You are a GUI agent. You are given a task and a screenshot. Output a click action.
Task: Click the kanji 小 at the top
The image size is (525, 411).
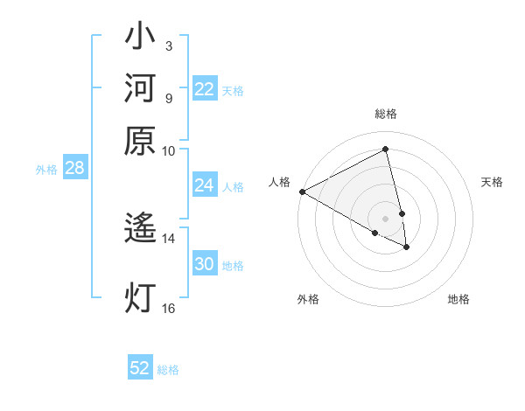tap(140, 38)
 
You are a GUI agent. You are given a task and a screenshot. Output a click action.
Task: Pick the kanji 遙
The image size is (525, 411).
tap(140, 229)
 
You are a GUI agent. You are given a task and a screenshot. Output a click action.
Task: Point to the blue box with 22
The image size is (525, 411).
tap(205, 89)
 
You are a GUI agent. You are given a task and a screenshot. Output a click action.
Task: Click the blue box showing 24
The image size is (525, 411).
tap(205, 185)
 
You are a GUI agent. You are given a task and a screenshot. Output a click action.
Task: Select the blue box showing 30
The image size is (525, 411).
tap(205, 264)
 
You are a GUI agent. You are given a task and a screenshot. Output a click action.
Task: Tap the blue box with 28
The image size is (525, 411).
tap(74, 169)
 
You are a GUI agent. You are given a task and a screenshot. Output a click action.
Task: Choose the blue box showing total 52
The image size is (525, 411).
tap(140, 368)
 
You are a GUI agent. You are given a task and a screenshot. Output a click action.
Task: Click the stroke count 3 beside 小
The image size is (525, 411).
tap(168, 45)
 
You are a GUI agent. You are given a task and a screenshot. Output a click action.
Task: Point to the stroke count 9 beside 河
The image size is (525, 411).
tap(168, 98)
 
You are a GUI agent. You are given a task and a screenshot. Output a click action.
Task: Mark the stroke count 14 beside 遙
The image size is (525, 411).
tap(168, 237)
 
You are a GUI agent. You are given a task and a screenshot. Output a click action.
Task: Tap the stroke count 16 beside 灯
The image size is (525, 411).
tap(168, 307)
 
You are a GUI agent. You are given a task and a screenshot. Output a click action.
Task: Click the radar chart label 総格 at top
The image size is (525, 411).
tap(386, 114)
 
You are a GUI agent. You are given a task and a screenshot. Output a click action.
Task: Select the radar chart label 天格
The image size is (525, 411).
tap(492, 182)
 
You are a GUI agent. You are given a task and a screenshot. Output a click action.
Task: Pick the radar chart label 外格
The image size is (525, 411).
tap(308, 299)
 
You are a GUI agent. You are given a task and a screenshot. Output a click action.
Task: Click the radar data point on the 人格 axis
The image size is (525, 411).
tap(302, 192)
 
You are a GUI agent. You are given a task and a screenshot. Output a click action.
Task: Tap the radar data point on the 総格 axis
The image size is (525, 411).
tap(386, 149)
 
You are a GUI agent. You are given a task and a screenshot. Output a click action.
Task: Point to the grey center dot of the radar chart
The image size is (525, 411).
tap(386, 218)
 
